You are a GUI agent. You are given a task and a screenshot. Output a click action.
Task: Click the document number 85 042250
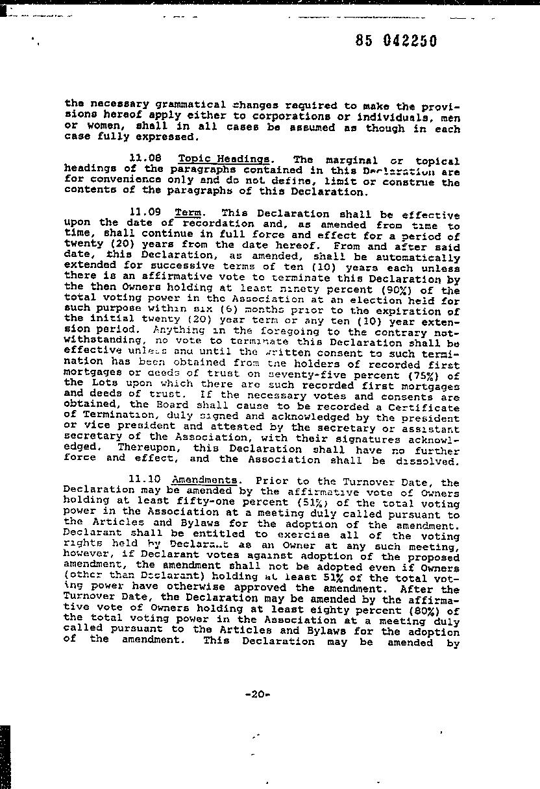[396, 41]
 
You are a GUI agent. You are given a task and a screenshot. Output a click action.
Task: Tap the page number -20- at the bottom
[258, 694]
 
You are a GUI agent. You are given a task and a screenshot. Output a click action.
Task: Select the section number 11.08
[145, 158]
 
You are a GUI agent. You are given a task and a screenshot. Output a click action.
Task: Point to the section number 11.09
[145, 212]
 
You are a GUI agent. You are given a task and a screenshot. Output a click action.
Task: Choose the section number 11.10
[144, 479]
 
